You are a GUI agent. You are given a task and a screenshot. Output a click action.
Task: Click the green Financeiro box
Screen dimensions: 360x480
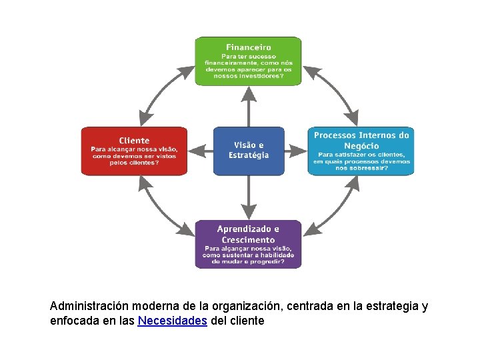click(x=248, y=61)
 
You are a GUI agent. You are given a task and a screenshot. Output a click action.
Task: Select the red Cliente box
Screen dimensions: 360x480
click(x=134, y=151)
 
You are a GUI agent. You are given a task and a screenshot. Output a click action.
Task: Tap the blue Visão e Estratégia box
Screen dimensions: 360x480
click(x=248, y=151)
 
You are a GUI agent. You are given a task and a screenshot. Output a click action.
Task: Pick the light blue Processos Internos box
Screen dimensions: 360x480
click(x=361, y=151)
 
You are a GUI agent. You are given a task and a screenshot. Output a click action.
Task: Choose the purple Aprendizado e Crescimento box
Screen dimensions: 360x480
click(x=248, y=244)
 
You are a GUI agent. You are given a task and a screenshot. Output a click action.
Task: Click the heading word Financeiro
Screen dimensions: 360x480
click(x=248, y=47)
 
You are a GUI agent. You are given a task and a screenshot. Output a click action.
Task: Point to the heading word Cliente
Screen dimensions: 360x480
click(x=134, y=141)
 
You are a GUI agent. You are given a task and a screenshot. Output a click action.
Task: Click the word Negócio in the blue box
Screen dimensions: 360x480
click(x=361, y=146)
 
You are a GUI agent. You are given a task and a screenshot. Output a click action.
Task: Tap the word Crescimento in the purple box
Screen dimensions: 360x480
click(x=248, y=239)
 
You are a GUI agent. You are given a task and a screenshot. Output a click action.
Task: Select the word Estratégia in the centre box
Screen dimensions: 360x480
click(x=249, y=155)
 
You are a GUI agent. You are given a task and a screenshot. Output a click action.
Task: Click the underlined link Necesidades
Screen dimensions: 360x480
click(x=172, y=321)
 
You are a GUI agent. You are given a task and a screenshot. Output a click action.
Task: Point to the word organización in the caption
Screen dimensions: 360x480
click(x=249, y=306)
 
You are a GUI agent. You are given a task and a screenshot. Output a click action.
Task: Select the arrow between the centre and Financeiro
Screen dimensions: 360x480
click(x=248, y=106)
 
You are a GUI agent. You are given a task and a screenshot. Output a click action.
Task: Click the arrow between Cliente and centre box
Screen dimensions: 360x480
click(x=200, y=151)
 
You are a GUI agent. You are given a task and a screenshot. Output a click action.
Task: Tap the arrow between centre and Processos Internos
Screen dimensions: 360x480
click(x=295, y=151)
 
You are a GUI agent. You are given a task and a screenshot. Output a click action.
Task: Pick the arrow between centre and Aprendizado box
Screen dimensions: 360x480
click(x=248, y=197)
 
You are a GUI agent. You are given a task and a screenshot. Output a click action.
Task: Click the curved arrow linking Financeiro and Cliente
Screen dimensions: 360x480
click(x=160, y=93)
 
